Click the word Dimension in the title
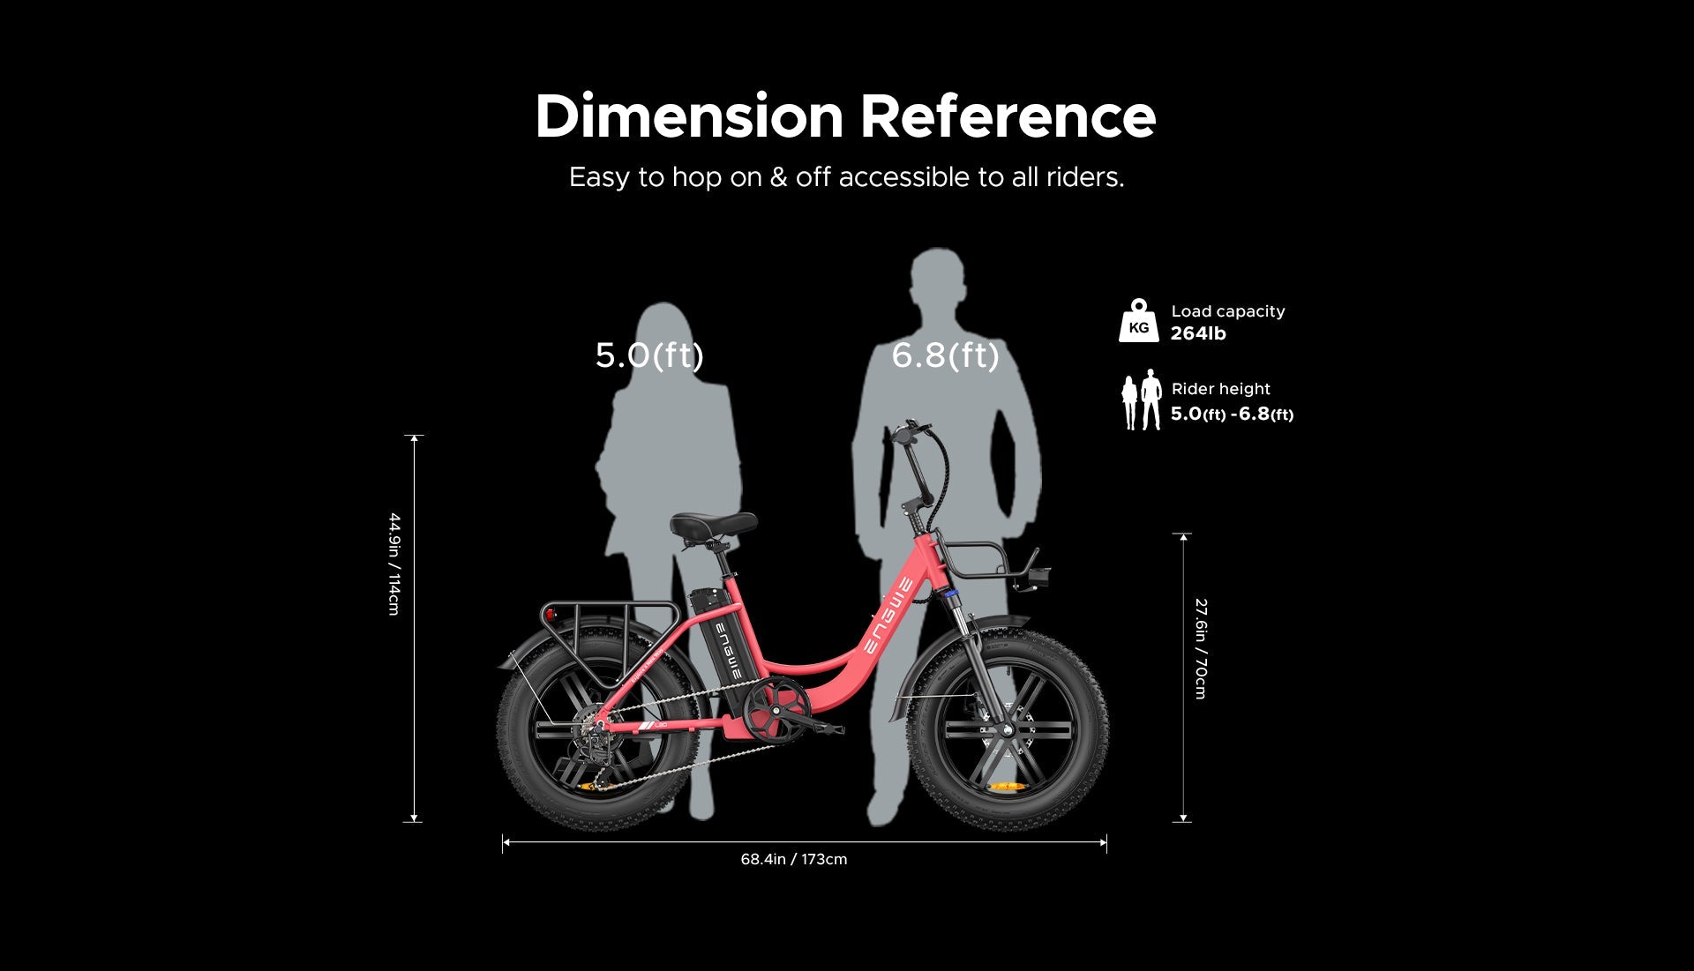[x=689, y=116]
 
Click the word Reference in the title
[x=1008, y=116]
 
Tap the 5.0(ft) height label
[x=649, y=355]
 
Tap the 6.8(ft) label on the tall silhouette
[x=945, y=355]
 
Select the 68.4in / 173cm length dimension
[x=794, y=859]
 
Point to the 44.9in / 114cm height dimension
[x=394, y=564]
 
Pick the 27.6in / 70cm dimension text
[x=1201, y=648]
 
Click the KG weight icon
[x=1139, y=320]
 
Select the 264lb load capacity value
[x=1198, y=333]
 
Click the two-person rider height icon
[x=1141, y=400]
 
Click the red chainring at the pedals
[x=776, y=711]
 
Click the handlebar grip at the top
[x=909, y=431]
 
